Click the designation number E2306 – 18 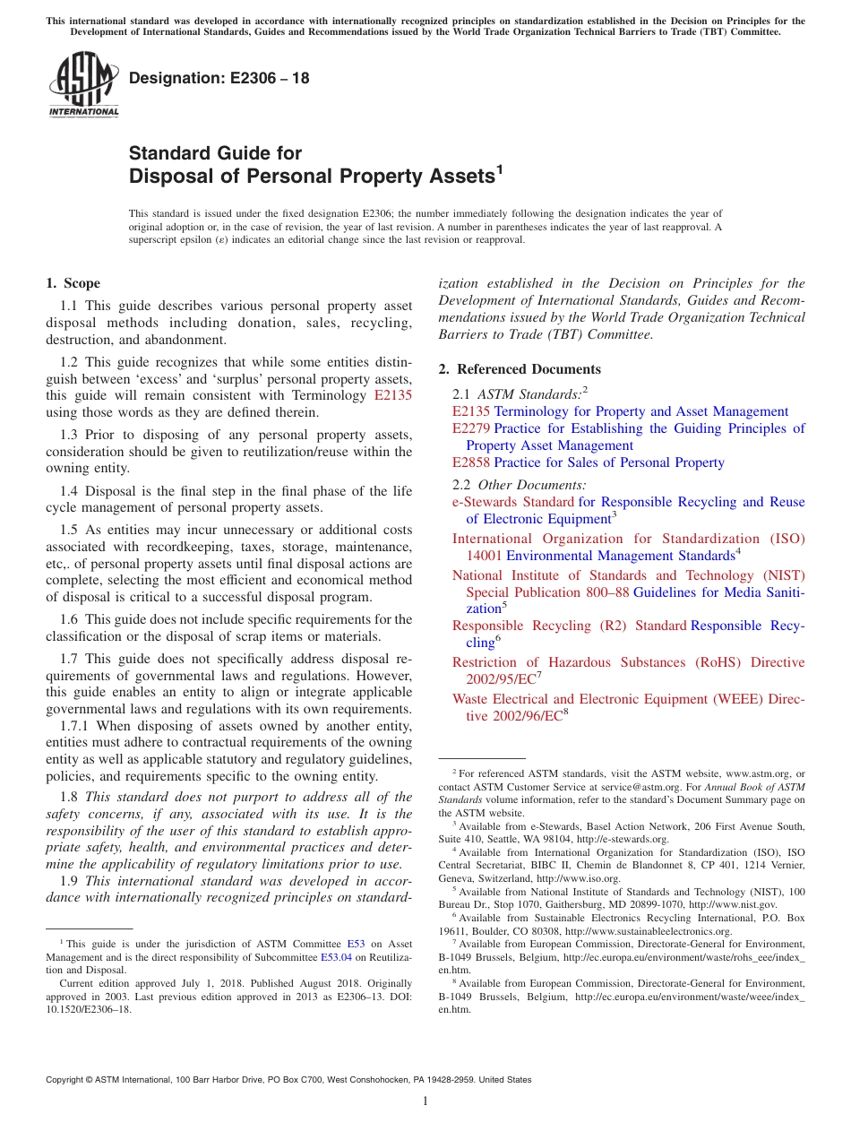[x=219, y=78]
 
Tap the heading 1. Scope [x=73, y=284]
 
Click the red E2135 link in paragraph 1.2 [x=392, y=395]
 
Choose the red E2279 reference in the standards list [x=471, y=428]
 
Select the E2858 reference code [x=471, y=462]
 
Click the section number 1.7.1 [x=79, y=727]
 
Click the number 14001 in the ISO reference [x=484, y=556]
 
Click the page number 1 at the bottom [x=425, y=1101]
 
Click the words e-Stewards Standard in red [x=513, y=502]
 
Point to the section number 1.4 [x=70, y=491]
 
